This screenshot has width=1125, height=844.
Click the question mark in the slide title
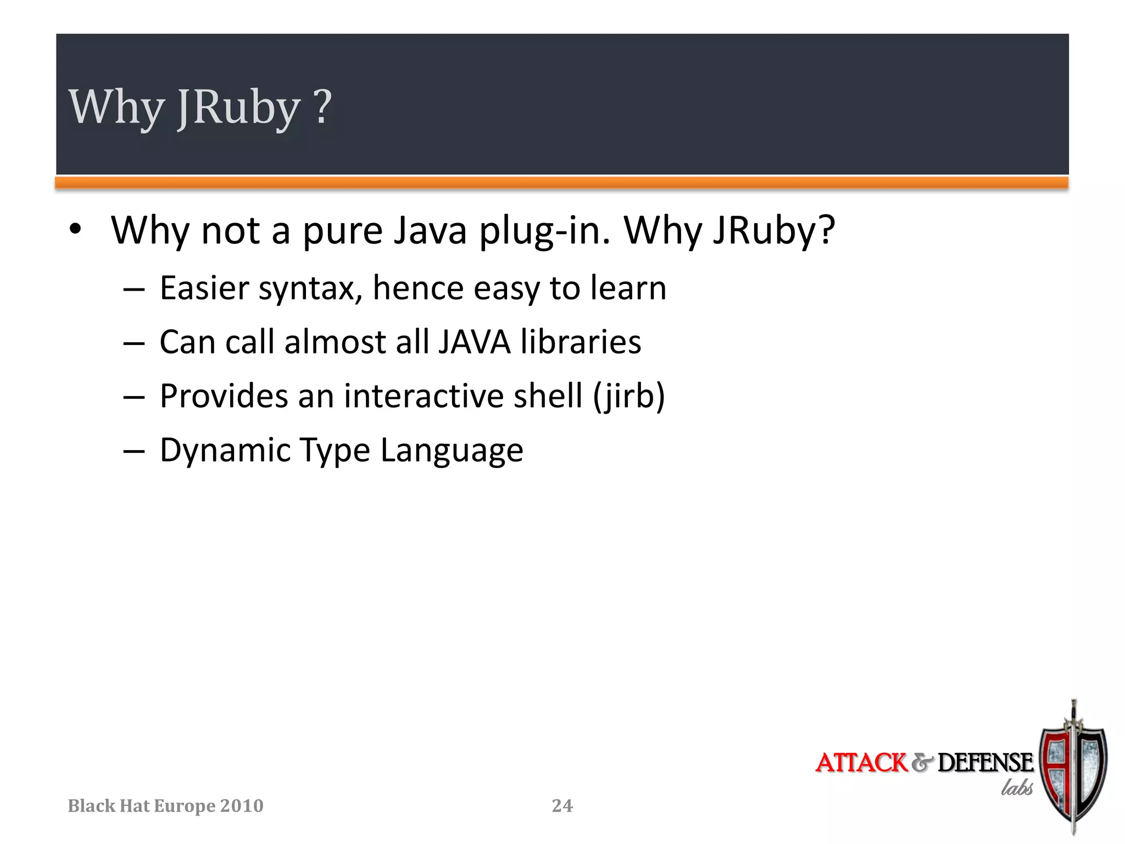point(323,107)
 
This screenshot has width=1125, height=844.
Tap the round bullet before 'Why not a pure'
point(75,229)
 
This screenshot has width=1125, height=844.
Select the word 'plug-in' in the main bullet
point(544,231)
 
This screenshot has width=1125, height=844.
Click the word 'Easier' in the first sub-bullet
point(204,288)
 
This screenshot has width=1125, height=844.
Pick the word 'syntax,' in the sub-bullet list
point(310,289)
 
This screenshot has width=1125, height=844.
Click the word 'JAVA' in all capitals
point(475,342)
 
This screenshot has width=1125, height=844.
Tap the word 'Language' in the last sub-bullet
point(452,451)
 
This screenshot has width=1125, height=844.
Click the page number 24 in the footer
point(562,806)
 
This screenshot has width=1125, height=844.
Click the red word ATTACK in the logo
point(861,763)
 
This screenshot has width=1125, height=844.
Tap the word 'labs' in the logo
point(1016,787)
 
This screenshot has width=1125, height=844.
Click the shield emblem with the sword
point(1073,769)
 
